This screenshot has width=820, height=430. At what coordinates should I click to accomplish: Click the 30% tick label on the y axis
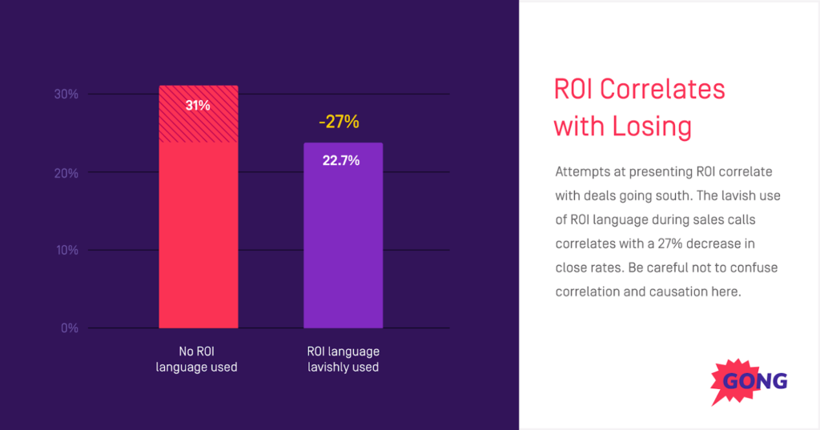point(66,94)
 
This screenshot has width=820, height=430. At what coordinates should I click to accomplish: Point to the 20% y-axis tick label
point(66,173)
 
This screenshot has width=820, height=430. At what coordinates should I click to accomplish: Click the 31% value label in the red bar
point(198,106)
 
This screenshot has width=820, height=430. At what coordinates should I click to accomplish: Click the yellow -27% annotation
point(339,123)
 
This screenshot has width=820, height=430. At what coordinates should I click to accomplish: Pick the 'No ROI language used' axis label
point(197,360)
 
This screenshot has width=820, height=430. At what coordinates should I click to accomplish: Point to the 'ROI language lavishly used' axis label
point(343,360)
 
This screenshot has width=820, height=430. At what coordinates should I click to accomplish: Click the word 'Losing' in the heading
point(653,127)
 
